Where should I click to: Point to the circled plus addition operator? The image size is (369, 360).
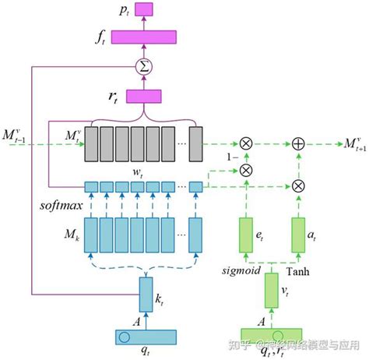[x=298, y=144]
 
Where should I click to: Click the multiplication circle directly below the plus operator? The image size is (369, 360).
[x=298, y=185]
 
